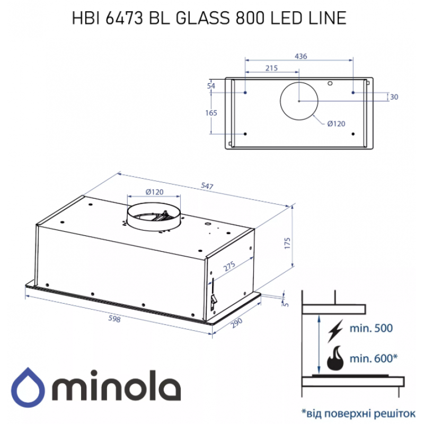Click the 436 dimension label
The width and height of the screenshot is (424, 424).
pyautogui.click(x=301, y=56)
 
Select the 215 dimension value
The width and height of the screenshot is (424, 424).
pyautogui.click(x=271, y=68)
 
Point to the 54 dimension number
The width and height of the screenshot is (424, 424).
pyautogui.click(x=211, y=86)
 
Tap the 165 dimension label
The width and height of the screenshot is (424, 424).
pyautogui.click(x=211, y=113)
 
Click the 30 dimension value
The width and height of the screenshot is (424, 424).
pyautogui.click(x=394, y=97)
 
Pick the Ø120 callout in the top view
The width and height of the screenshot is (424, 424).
pyautogui.click(x=336, y=123)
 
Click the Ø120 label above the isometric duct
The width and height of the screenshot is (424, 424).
pyautogui.click(x=154, y=192)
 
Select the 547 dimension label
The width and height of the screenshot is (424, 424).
pyautogui.click(x=207, y=186)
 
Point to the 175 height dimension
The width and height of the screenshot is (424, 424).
pyautogui.click(x=287, y=243)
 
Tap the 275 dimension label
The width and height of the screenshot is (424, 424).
pyautogui.click(x=229, y=266)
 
